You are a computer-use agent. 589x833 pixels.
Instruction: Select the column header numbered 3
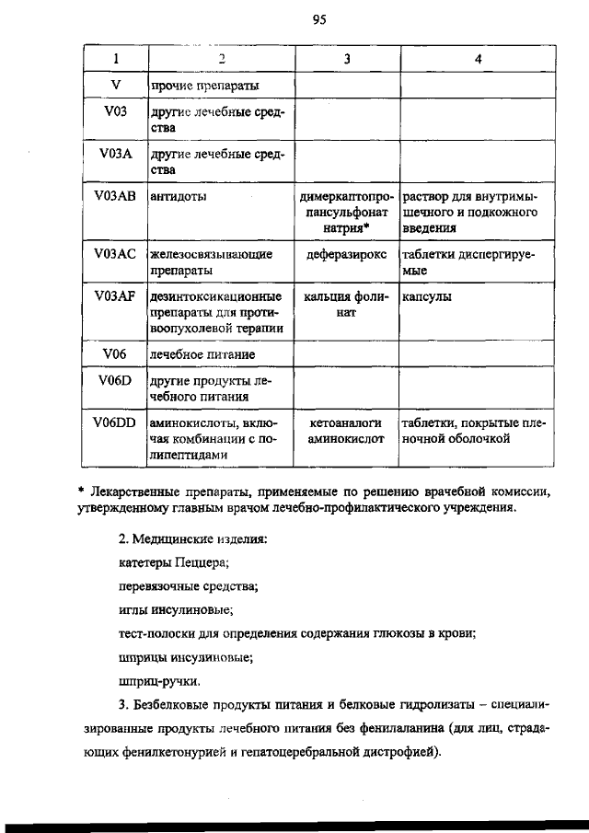pos(347,59)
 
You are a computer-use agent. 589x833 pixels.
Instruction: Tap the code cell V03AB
pos(115,197)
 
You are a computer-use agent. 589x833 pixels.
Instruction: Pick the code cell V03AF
pos(115,296)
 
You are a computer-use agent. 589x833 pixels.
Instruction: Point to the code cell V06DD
pos(115,422)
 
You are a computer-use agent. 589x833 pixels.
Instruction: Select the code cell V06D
pos(115,379)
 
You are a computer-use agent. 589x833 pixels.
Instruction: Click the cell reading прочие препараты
pos(203,85)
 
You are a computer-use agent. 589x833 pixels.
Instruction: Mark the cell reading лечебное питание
pos(202,353)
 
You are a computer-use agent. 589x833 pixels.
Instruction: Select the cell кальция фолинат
pos(347,304)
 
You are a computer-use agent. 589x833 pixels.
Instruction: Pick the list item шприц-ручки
pos(160,682)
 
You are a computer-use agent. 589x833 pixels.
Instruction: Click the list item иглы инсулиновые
pos(176,609)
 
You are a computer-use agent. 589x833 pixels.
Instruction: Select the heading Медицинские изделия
pos(202,538)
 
